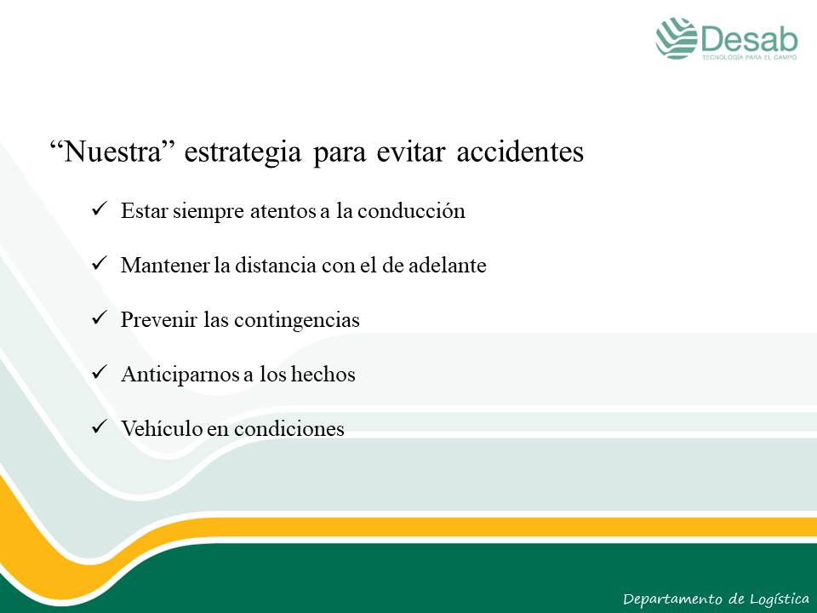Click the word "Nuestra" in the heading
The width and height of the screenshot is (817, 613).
pos(112,152)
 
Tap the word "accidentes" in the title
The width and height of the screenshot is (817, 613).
pos(520,152)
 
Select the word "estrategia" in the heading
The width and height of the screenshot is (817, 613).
pos(243,153)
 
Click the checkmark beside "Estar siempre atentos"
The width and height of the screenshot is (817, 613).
pos(99,209)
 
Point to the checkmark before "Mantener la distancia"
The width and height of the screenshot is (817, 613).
pos(99,264)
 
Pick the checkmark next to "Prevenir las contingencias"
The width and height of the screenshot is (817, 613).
pos(99,318)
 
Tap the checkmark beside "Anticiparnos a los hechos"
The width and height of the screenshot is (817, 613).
pos(99,373)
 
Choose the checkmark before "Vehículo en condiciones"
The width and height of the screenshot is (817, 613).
pos(99,427)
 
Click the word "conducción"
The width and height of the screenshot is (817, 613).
pos(412,210)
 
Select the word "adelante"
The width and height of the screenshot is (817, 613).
pos(447,265)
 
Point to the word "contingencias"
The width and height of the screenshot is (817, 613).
pos(297,320)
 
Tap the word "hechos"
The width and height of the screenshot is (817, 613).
pos(323,374)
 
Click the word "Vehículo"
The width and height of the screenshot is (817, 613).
pos(162,428)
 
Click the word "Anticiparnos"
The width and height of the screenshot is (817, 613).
pos(180,375)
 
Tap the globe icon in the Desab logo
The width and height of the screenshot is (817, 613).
pos(677,38)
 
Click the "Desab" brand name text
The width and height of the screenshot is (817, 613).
pos(750,38)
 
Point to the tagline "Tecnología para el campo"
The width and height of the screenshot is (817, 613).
pos(749,57)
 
